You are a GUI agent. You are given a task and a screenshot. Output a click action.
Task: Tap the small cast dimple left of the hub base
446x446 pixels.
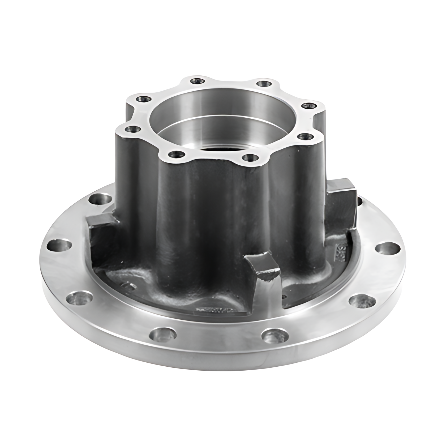[x=128, y=285]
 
